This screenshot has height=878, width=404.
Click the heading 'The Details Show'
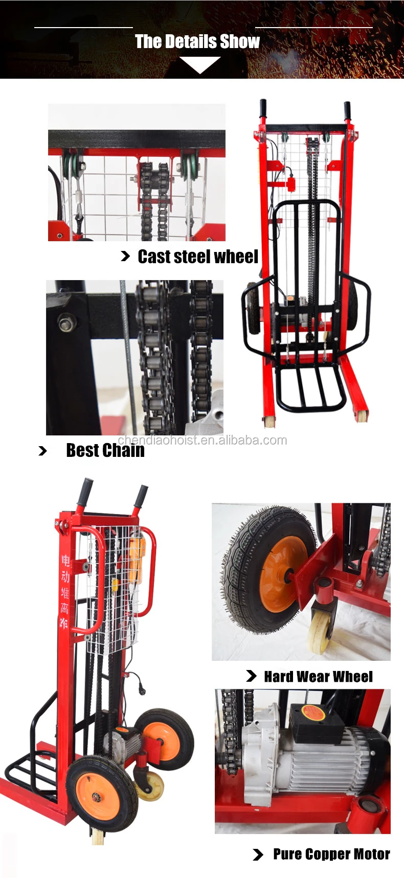(x=197, y=41)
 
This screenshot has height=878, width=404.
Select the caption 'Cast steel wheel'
(x=198, y=257)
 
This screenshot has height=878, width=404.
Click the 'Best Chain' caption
(x=105, y=450)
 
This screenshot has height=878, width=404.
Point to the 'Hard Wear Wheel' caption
(x=318, y=677)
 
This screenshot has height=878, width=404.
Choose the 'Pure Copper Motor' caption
(x=331, y=854)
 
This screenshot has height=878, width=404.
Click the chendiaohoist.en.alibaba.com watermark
(x=203, y=440)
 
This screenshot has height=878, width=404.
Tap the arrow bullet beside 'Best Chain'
(x=43, y=451)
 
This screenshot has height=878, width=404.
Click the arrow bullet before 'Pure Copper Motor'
(x=258, y=854)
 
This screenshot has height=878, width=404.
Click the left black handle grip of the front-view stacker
(x=263, y=108)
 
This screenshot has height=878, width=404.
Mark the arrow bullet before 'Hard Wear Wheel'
(x=251, y=677)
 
